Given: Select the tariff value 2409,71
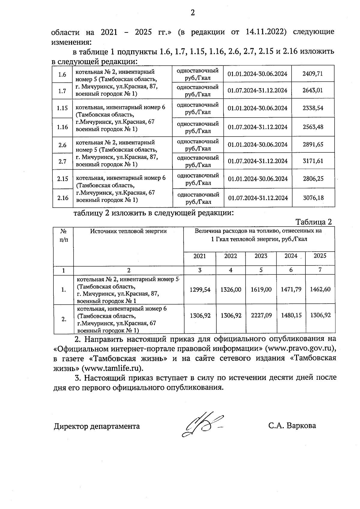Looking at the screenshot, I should pos(313,74).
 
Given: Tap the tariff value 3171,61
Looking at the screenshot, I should pos(313,161).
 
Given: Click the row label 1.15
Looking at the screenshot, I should pos(62,108).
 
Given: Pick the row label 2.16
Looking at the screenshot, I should pos(63,198).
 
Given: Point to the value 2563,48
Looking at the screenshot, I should pos(313,127).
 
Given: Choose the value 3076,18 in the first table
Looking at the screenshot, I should pos(313,198).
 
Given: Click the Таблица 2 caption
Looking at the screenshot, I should pos(313,222).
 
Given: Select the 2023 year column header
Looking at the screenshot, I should pos(261,256).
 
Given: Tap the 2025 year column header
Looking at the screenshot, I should pos(320,256).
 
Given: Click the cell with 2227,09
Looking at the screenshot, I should pos(261,316).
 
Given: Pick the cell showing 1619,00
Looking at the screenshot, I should pos(261,289).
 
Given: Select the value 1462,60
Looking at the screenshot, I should pos(320,289).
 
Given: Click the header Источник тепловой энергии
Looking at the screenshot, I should pos(128,231).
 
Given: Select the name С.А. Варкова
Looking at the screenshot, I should pos(292,426).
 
